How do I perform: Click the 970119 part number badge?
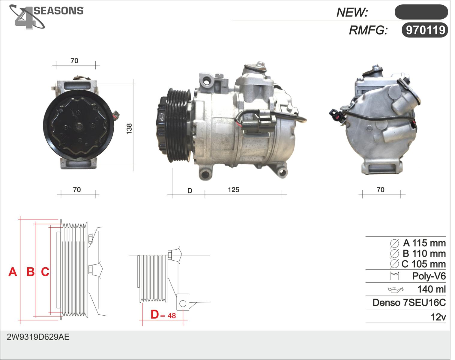tap(425, 30)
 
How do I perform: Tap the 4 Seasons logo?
tap(46, 17)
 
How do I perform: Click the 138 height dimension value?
tap(129, 129)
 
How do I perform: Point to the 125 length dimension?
tap(233, 190)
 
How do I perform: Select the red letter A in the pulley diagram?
tap(13, 272)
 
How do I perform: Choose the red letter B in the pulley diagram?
tap(31, 272)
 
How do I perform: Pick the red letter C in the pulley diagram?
tap(45, 272)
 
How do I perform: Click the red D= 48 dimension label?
tap(163, 314)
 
